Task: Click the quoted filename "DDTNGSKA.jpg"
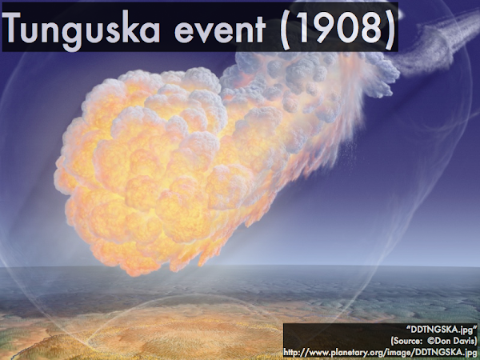pyautogui.click(x=442, y=330)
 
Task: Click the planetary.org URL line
pyautogui.click(x=380, y=352)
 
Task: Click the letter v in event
pyautogui.click(x=205, y=31)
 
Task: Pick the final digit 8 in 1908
pyautogui.click(x=372, y=27)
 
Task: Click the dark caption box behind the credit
pyautogui.click(x=381, y=341)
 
